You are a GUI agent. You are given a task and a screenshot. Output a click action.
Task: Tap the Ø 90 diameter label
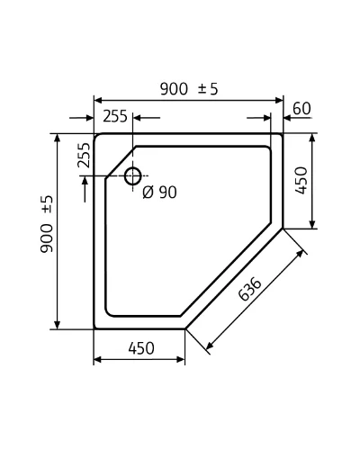point(159,193)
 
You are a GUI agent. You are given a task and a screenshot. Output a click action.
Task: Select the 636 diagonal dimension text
point(249,289)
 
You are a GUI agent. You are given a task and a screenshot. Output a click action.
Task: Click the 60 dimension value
point(301,109)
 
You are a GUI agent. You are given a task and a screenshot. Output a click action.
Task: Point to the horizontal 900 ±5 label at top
point(189,89)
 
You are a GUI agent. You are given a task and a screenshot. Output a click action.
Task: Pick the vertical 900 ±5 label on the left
point(47,224)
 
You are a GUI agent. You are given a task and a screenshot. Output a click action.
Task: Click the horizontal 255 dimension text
point(115,116)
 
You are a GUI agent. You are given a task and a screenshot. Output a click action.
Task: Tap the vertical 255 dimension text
point(84,155)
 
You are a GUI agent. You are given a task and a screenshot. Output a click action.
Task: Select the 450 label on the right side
point(301,181)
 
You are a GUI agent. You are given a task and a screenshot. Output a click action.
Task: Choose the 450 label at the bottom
point(141,348)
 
